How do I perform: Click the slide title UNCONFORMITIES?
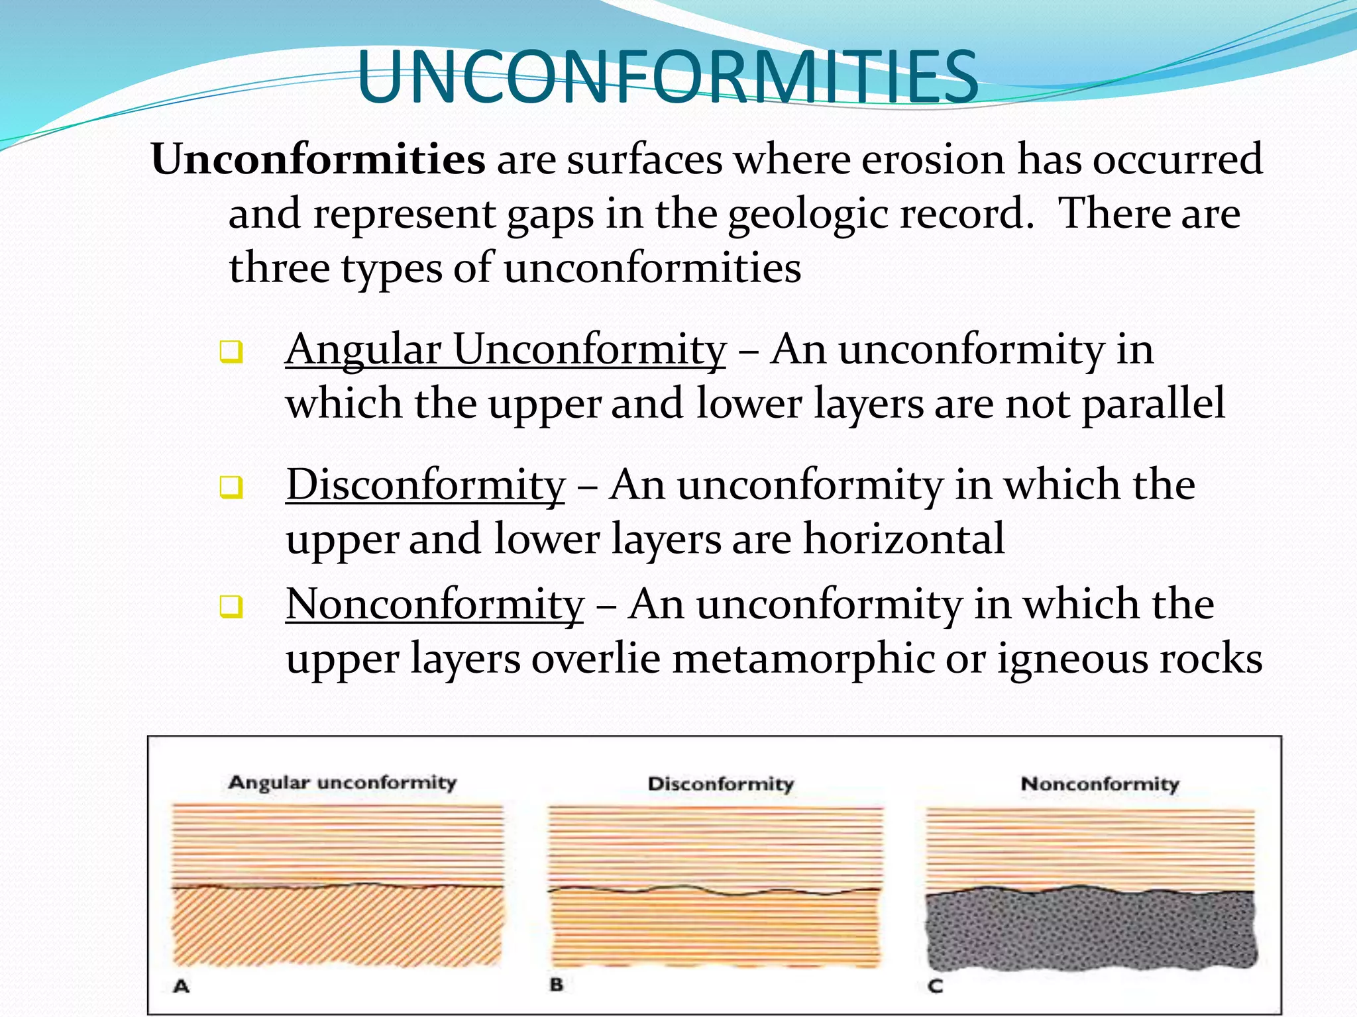pos(667,78)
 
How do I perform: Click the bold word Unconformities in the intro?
pos(318,160)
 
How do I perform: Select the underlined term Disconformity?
pos(425,485)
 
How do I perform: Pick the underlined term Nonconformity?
pos(435,605)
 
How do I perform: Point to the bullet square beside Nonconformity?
pos(231,606)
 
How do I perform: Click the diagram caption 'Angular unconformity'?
pos(342,783)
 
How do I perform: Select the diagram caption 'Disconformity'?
pos(720,784)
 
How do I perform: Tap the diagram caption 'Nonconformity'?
pos(1100,784)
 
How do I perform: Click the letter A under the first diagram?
pos(181,987)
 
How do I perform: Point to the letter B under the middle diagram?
pos(557,985)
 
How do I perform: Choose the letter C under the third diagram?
pos(935,987)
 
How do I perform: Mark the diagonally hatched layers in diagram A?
pos(338,927)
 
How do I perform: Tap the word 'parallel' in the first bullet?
pos(1153,404)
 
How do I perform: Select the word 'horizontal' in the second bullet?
pos(904,539)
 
